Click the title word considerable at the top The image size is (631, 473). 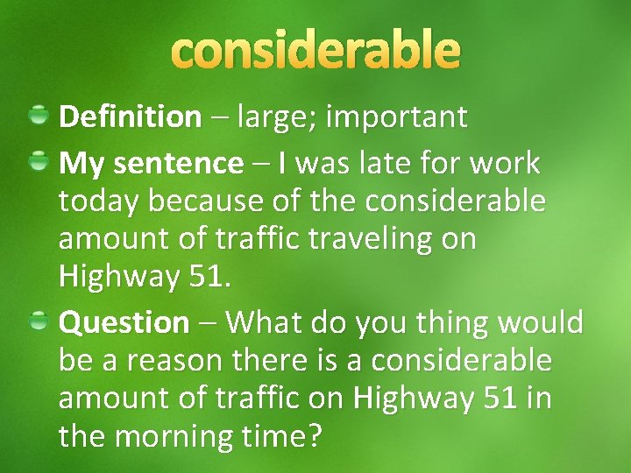[315, 51]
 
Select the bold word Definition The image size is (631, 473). [130, 116]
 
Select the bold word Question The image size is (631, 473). [124, 323]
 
